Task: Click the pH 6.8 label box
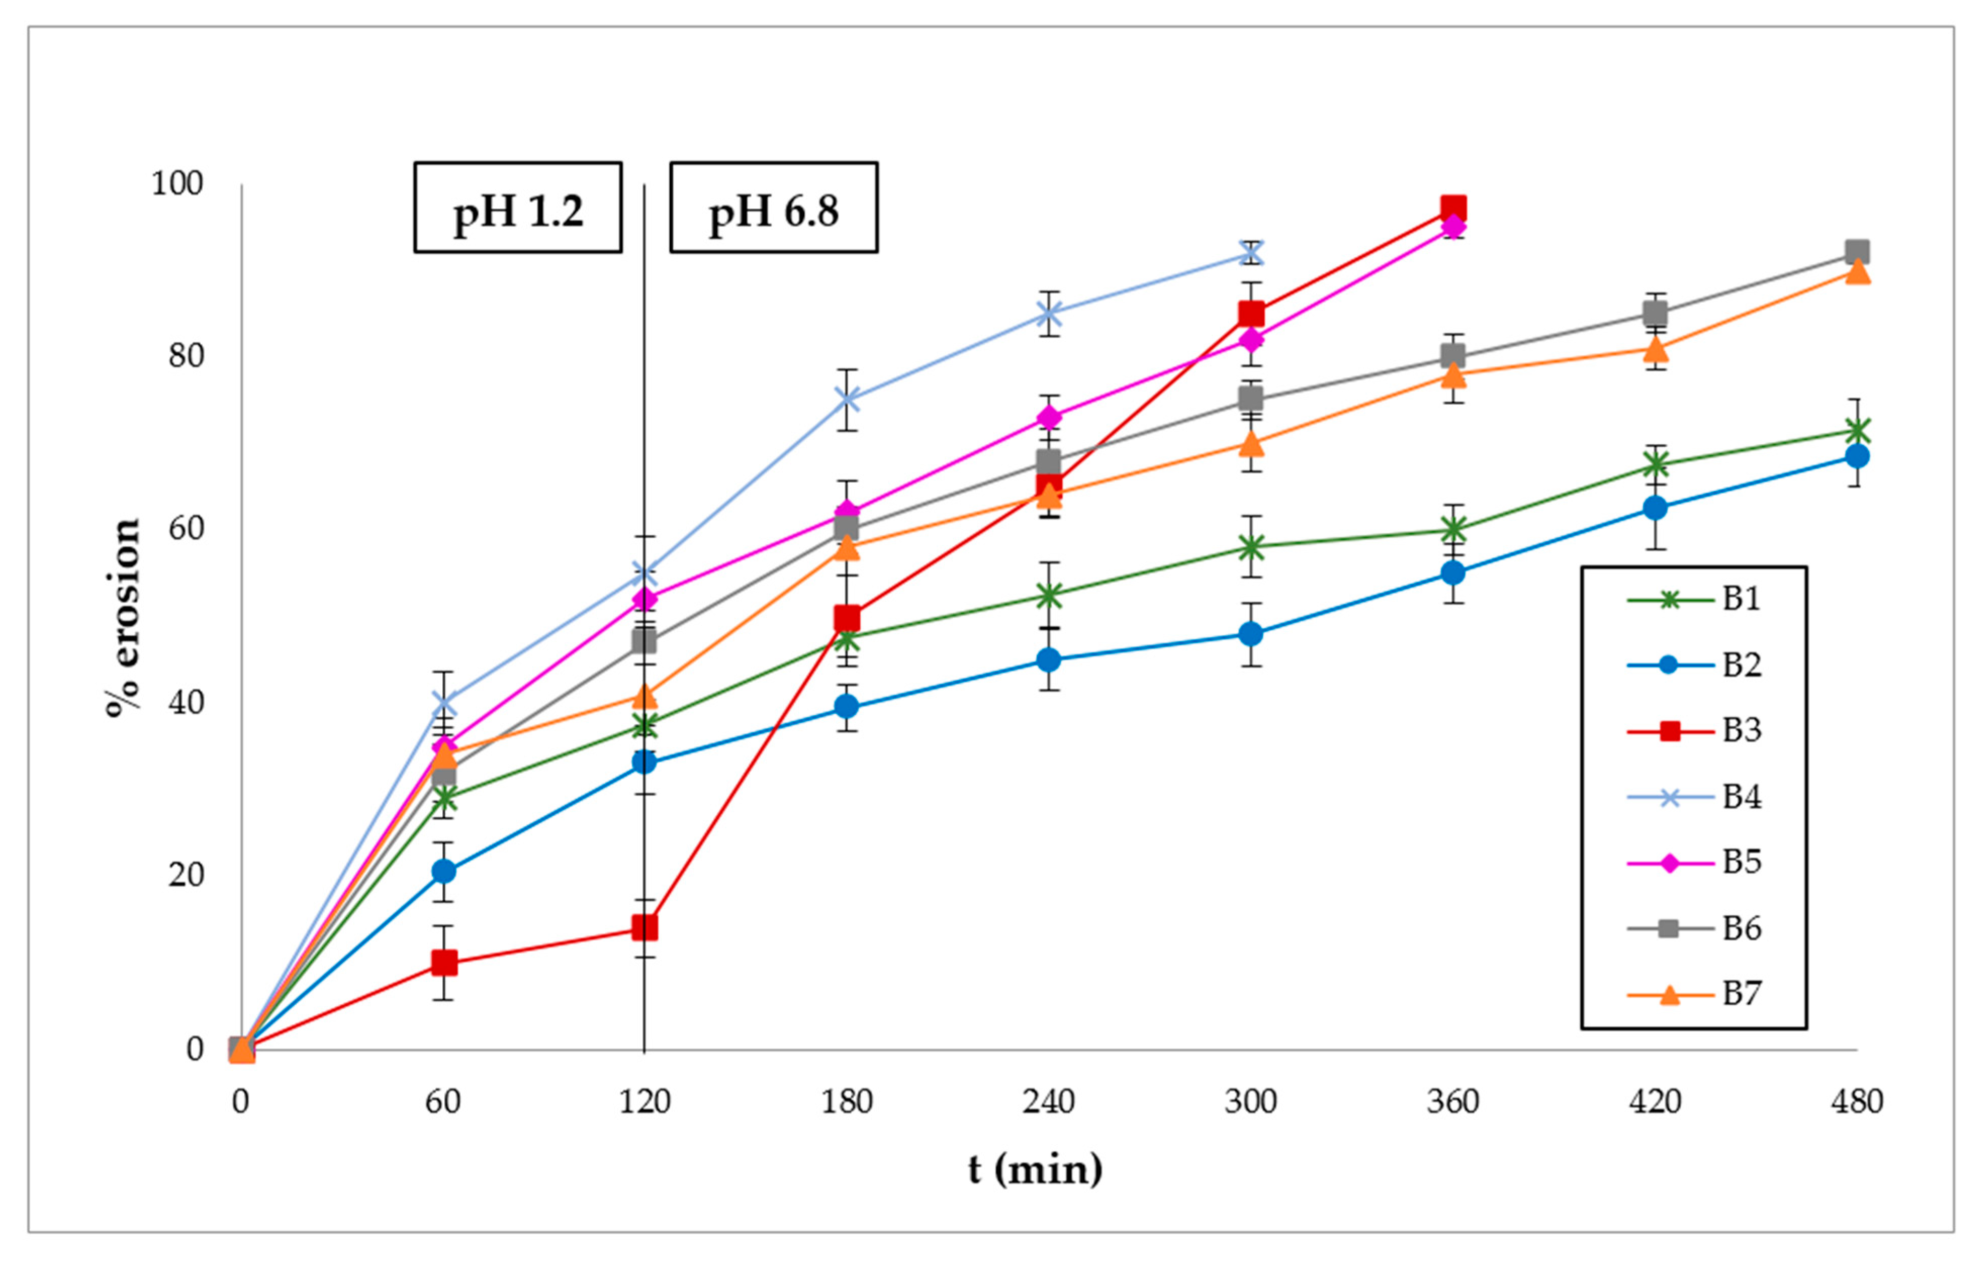[x=773, y=207]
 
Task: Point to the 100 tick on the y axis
[x=176, y=184]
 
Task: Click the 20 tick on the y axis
[x=186, y=875]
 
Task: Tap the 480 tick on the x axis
[x=1857, y=1101]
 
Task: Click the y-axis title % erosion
[x=123, y=618]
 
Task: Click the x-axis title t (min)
[x=1035, y=1169]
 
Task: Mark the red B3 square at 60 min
[x=444, y=962]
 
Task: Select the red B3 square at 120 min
[x=644, y=928]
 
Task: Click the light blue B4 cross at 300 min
[x=1251, y=253]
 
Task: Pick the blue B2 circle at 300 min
[x=1251, y=634]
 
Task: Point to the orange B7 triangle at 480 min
[x=1858, y=272]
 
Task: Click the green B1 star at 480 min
[x=1858, y=431]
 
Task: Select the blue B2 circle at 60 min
[x=444, y=871]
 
